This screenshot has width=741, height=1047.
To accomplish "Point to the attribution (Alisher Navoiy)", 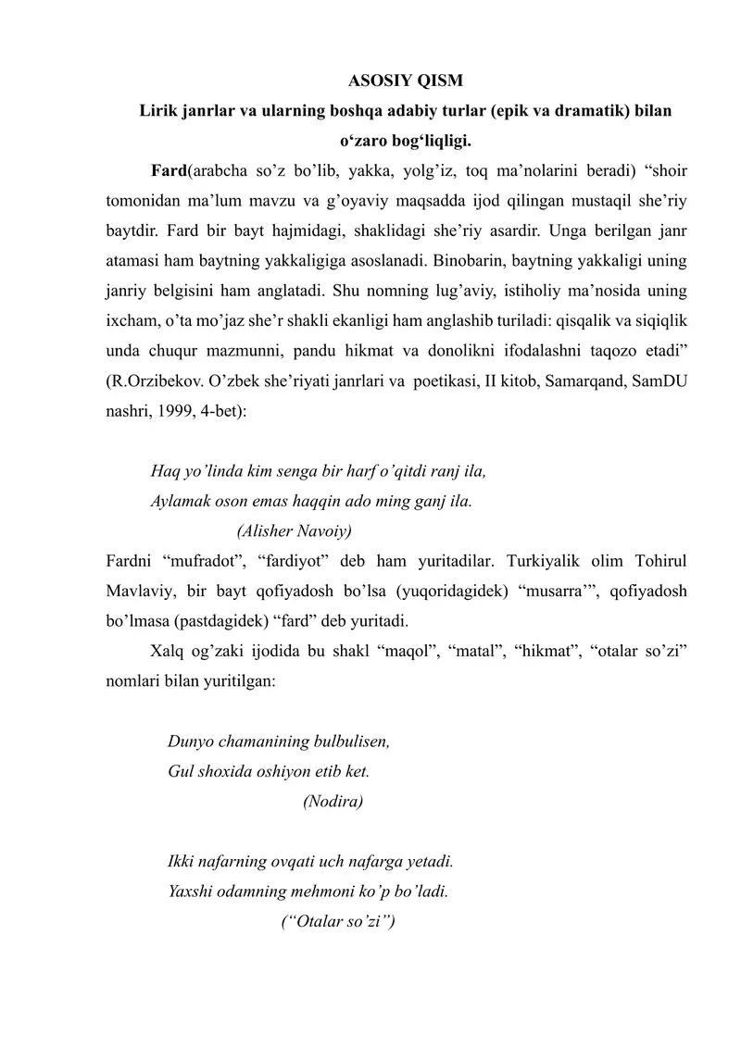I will (295, 530).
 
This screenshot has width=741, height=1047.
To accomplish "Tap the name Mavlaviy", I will (138, 590).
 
